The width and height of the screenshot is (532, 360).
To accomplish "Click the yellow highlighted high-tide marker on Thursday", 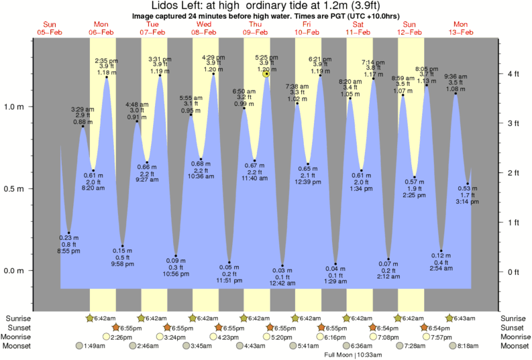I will point(266,74).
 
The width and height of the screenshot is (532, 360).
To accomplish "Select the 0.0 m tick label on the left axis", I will point(14,271).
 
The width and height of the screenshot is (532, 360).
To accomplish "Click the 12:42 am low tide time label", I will point(283,284).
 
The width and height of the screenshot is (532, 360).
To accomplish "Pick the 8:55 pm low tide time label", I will point(68,251).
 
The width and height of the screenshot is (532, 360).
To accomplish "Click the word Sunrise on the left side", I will point(18,318).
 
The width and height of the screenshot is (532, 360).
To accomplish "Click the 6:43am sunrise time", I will point(464,318).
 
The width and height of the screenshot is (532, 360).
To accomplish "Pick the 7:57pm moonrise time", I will point(437,337).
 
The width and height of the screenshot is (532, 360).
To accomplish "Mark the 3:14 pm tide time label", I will point(468,201).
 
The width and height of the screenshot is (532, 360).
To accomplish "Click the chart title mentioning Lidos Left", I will point(266,6).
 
